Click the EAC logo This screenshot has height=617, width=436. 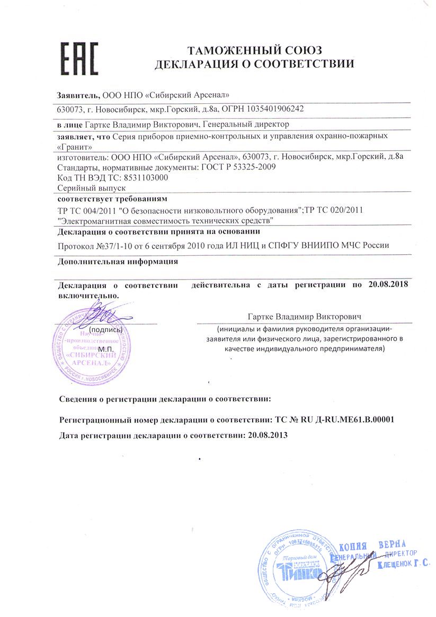point(78,59)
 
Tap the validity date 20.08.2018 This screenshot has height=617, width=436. point(391,285)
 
